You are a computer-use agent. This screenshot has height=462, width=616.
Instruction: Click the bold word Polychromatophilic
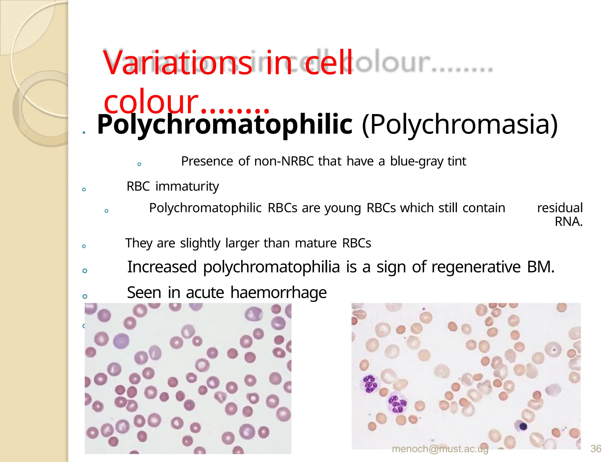224,125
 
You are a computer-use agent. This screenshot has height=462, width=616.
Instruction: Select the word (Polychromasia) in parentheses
460,125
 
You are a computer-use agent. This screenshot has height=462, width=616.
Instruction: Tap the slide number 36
596,449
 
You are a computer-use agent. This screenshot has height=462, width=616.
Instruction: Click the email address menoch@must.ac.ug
440,449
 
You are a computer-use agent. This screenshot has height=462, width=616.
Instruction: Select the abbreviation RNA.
568,222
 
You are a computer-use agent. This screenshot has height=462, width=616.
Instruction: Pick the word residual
560,208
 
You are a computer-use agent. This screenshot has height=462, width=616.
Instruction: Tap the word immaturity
187,186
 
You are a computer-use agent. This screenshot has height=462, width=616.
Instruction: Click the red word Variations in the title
177,63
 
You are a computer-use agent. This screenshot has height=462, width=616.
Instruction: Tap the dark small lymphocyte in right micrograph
523,426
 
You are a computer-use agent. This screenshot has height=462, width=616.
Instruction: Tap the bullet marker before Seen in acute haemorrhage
85,296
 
